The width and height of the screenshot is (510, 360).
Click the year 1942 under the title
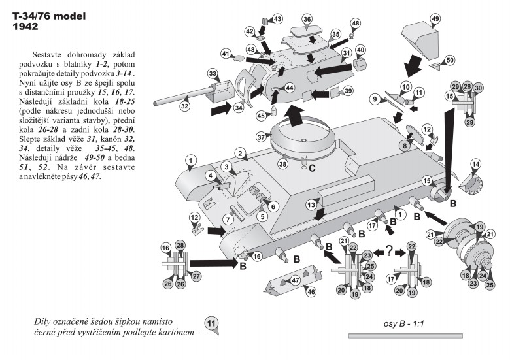(x=26, y=27)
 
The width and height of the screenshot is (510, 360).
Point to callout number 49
(x=435, y=19)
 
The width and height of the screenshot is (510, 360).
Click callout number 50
(x=449, y=60)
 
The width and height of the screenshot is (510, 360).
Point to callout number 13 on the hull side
(x=313, y=206)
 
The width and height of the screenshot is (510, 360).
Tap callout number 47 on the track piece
(x=296, y=280)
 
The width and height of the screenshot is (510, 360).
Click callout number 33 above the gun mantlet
(x=212, y=73)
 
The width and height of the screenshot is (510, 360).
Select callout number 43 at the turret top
(x=277, y=20)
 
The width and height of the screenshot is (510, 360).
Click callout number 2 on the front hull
(x=240, y=154)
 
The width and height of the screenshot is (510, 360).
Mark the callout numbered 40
(x=360, y=50)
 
